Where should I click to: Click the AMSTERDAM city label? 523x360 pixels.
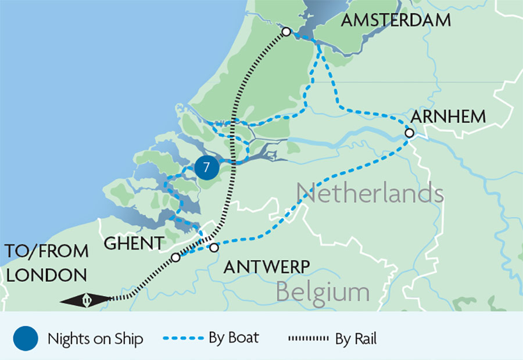(396, 20)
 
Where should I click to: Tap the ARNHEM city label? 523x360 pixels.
(448, 116)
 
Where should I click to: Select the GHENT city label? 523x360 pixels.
(134, 244)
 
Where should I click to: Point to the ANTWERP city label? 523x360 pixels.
(266, 267)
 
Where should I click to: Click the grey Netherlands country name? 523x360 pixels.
(370, 193)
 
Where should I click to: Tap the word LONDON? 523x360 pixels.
(46, 275)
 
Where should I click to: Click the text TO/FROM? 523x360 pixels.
(46, 252)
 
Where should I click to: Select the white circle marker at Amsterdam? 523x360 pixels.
(286, 32)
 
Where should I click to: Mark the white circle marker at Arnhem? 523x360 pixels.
(409, 133)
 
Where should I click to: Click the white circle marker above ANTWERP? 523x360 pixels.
(213, 248)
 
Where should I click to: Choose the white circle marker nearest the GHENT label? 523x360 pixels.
(175, 257)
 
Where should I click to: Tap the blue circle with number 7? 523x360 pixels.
(206, 168)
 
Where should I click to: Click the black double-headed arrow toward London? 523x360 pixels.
(85, 300)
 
